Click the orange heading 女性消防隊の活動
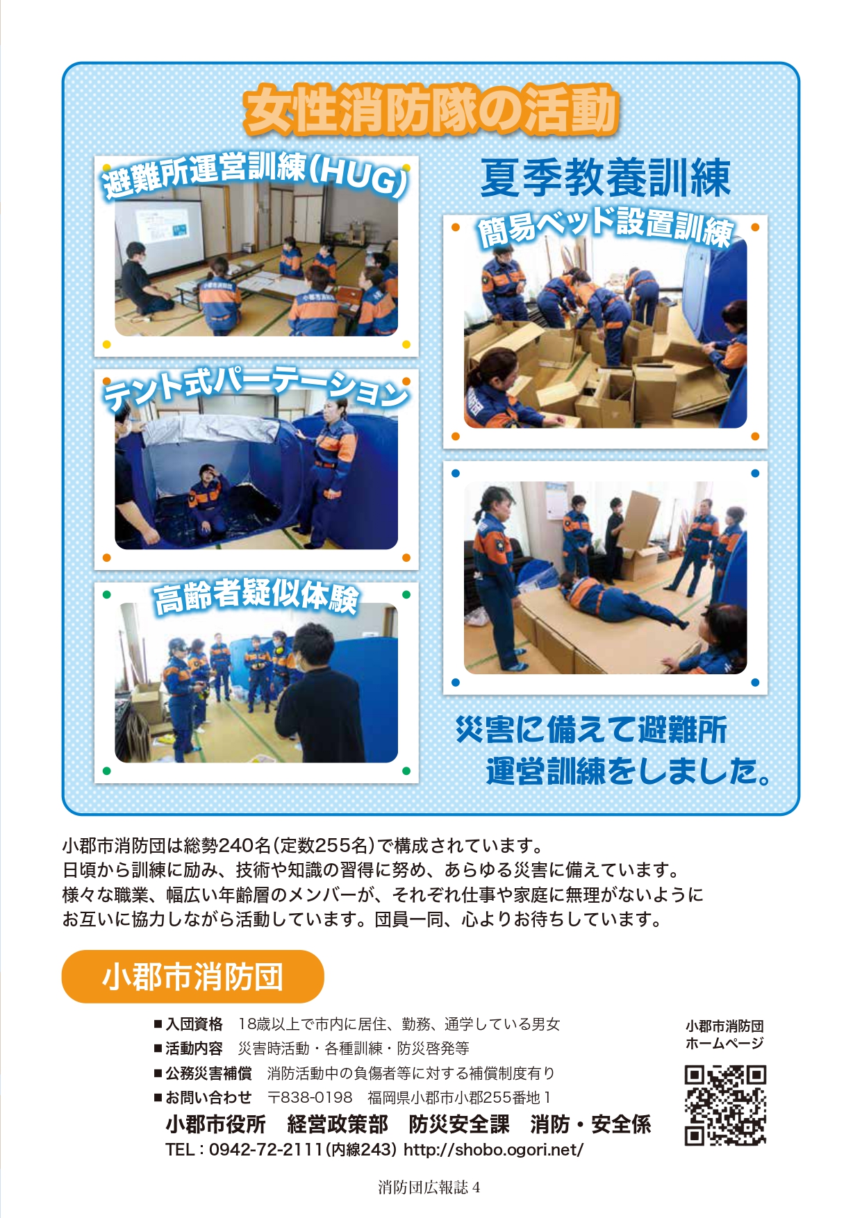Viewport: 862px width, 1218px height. click(x=431, y=110)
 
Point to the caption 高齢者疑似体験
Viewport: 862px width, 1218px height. click(x=256, y=597)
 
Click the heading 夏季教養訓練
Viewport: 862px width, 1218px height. click(x=605, y=178)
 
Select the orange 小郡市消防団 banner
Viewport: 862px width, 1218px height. click(x=193, y=976)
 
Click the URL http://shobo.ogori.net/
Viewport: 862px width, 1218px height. click(x=493, y=1150)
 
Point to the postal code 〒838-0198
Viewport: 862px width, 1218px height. click(x=310, y=1097)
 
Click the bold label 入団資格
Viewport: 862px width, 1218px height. click(x=194, y=1024)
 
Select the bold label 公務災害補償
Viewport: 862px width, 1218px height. click(x=208, y=1074)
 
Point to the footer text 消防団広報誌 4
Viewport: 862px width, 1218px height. click(x=429, y=1187)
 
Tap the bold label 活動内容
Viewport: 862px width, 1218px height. click(x=194, y=1049)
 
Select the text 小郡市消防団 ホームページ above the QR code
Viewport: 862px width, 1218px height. click(x=724, y=1035)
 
